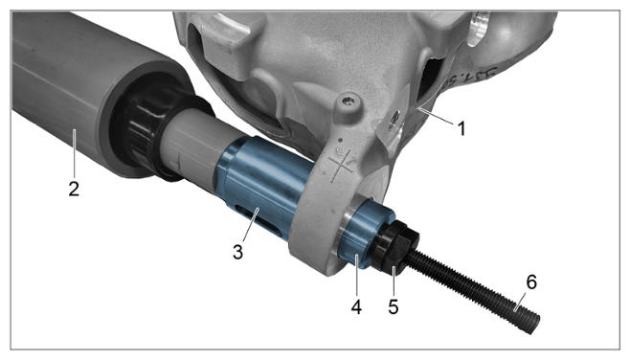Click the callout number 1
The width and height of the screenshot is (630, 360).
[461, 129]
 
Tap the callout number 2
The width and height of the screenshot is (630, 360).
[74, 189]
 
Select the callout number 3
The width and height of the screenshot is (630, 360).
[237, 253]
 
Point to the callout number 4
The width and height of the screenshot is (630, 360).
[356, 307]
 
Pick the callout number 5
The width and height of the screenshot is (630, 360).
[394, 307]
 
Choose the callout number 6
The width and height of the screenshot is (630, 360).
[531, 282]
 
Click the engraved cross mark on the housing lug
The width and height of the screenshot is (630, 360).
[341, 165]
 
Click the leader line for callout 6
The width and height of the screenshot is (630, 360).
[519, 301]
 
